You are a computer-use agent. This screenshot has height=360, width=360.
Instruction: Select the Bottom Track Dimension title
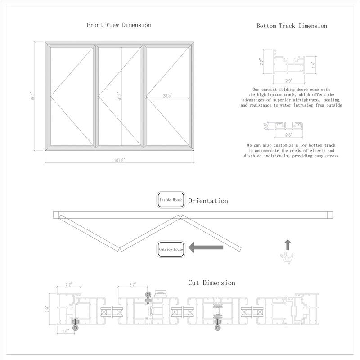pyautogui.click(x=292, y=26)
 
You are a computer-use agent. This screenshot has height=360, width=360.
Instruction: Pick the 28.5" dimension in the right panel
pyautogui.click(x=167, y=95)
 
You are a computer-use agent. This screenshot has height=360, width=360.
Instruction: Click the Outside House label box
pyautogui.click(x=171, y=248)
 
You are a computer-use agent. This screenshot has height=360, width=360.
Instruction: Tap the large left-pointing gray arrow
pyautogui.click(x=206, y=247)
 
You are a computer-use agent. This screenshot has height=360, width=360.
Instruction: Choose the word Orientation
pyautogui.click(x=208, y=201)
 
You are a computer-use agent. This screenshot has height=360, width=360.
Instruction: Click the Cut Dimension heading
pyautogui.click(x=211, y=283)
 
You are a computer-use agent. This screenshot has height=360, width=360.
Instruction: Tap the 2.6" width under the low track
pyautogui.click(x=288, y=135)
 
